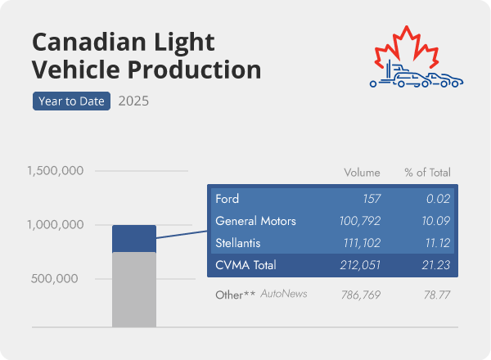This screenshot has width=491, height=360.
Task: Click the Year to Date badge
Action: tap(71, 101)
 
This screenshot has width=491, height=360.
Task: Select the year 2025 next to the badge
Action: tap(133, 101)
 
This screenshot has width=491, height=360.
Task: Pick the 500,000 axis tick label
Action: tap(56, 278)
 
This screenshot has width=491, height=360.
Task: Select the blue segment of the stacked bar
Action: tap(133, 238)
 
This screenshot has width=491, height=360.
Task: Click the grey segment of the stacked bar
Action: tap(133, 290)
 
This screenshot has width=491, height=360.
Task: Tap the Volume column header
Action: tap(362, 173)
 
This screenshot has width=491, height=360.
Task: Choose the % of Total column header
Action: tap(427, 173)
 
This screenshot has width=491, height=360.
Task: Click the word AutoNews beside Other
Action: tap(283, 293)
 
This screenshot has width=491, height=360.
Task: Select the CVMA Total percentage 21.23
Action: tap(435, 265)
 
